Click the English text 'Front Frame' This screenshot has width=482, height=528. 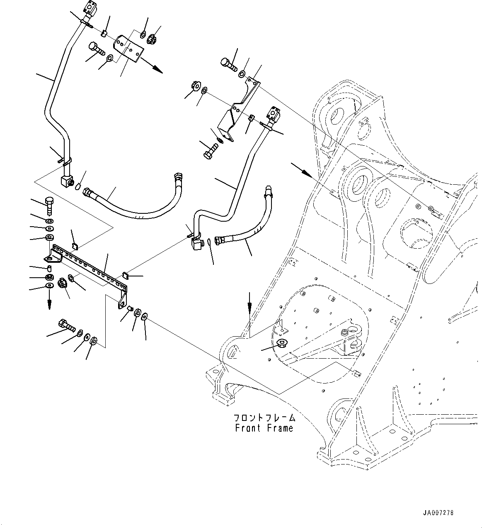pyautogui.click(x=264, y=428)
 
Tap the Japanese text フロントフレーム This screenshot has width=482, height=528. pyautogui.click(x=264, y=418)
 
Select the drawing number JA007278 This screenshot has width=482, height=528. pyautogui.click(x=438, y=513)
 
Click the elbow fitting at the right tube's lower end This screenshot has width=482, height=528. pyautogui.click(x=196, y=246)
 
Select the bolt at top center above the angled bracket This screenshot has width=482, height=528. pyautogui.click(x=227, y=64)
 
